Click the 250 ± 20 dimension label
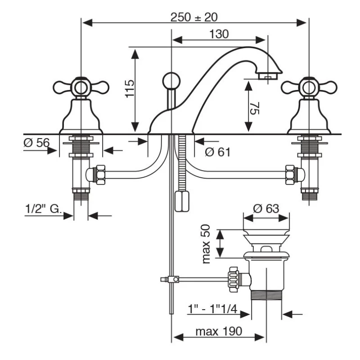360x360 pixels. (194, 17)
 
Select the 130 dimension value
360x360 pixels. (219, 34)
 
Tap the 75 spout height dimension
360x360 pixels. (255, 108)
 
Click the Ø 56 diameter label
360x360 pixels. (36, 143)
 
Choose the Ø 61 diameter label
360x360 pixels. (217, 152)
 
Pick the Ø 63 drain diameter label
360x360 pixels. (265, 208)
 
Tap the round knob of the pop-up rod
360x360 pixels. (171, 80)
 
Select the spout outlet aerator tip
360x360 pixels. (268, 76)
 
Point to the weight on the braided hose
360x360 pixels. (182, 201)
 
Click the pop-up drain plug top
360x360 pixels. (266, 227)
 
